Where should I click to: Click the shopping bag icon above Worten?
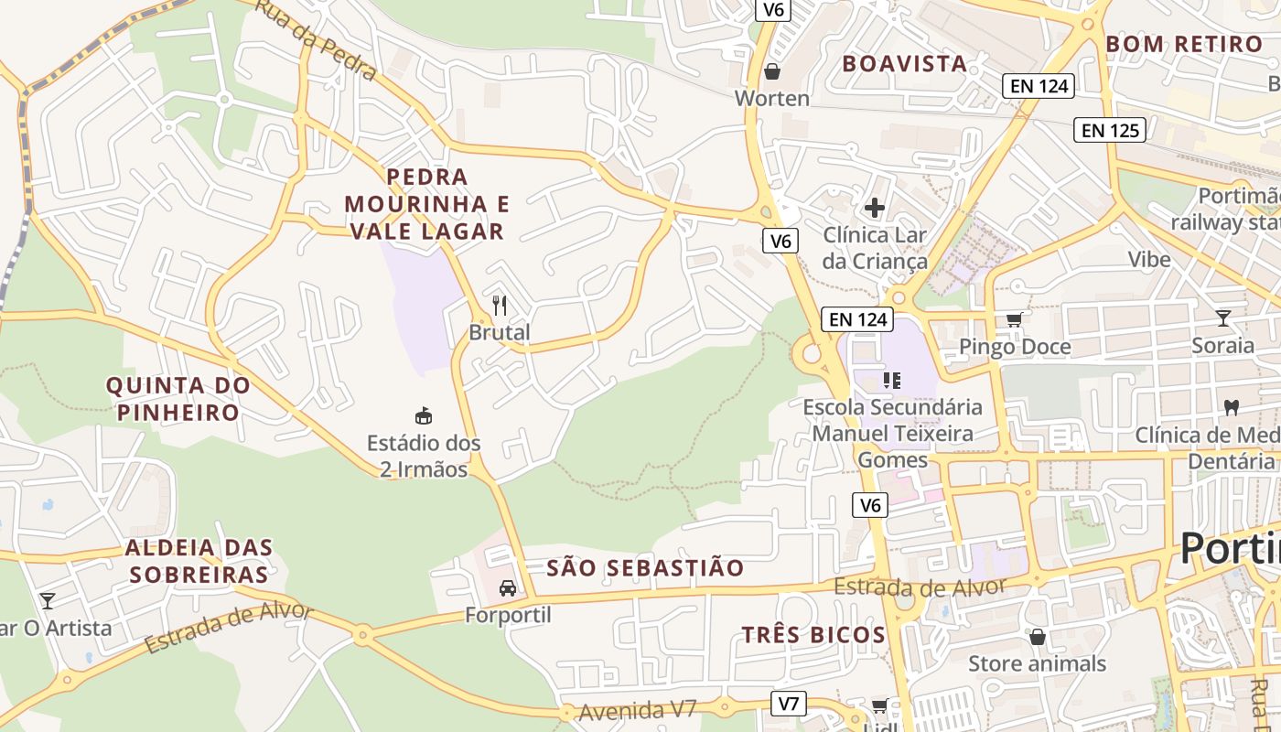(x=772, y=71)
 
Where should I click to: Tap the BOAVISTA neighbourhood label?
(x=904, y=63)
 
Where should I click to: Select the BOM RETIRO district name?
(x=1184, y=44)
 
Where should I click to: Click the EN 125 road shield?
(x=1111, y=130)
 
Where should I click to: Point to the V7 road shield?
(x=789, y=704)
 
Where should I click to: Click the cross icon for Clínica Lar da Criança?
(x=874, y=208)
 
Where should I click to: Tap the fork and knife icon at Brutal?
(x=499, y=305)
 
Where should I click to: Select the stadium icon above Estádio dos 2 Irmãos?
(x=423, y=416)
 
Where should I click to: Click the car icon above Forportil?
(x=508, y=587)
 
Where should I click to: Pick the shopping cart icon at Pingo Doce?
(x=1014, y=319)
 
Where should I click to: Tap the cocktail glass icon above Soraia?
(x=1222, y=318)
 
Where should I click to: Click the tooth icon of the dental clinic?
(x=1231, y=407)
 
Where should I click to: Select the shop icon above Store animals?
(x=1037, y=636)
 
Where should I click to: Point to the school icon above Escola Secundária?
(x=892, y=380)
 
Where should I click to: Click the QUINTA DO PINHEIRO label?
(x=178, y=398)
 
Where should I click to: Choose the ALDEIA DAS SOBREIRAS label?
(x=199, y=561)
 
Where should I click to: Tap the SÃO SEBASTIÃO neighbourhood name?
(x=645, y=567)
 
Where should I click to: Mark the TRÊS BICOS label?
(x=813, y=635)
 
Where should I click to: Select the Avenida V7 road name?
(x=638, y=709)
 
